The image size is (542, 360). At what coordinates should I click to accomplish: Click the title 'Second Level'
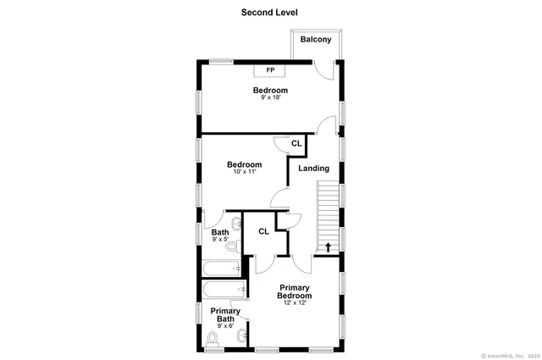269,12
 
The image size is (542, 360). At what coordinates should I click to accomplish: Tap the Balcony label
316,40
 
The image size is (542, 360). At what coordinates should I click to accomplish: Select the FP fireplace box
270,70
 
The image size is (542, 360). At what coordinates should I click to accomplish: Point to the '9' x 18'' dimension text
270,98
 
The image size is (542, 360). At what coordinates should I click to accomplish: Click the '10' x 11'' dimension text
244,172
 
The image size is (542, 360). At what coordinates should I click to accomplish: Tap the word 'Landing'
313,169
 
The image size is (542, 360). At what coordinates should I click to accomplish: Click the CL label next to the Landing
296,144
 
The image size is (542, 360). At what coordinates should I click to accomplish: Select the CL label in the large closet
263,231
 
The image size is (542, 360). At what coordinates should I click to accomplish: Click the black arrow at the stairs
328,247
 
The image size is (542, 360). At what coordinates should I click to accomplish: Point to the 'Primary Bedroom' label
295,292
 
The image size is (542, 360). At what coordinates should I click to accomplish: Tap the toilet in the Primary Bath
213,339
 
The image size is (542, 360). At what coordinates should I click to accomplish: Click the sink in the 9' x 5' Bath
239,225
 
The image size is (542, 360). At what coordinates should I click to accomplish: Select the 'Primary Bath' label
225,315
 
